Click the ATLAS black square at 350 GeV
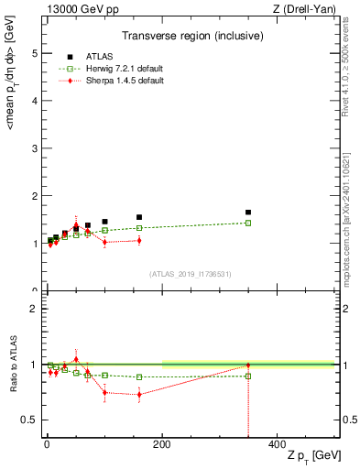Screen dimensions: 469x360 click(248, 213)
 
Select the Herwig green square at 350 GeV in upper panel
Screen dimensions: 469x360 click(248, 223)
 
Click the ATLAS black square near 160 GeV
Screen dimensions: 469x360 click(139, 217)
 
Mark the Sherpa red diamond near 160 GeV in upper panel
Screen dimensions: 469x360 click(139, 240)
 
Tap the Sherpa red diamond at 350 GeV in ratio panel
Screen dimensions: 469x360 click(248, 365)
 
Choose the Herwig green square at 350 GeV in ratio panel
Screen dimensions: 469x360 click(248, 376)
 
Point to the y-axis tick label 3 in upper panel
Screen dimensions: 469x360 click(34, 148)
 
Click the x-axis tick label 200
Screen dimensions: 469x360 click(162, 445)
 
